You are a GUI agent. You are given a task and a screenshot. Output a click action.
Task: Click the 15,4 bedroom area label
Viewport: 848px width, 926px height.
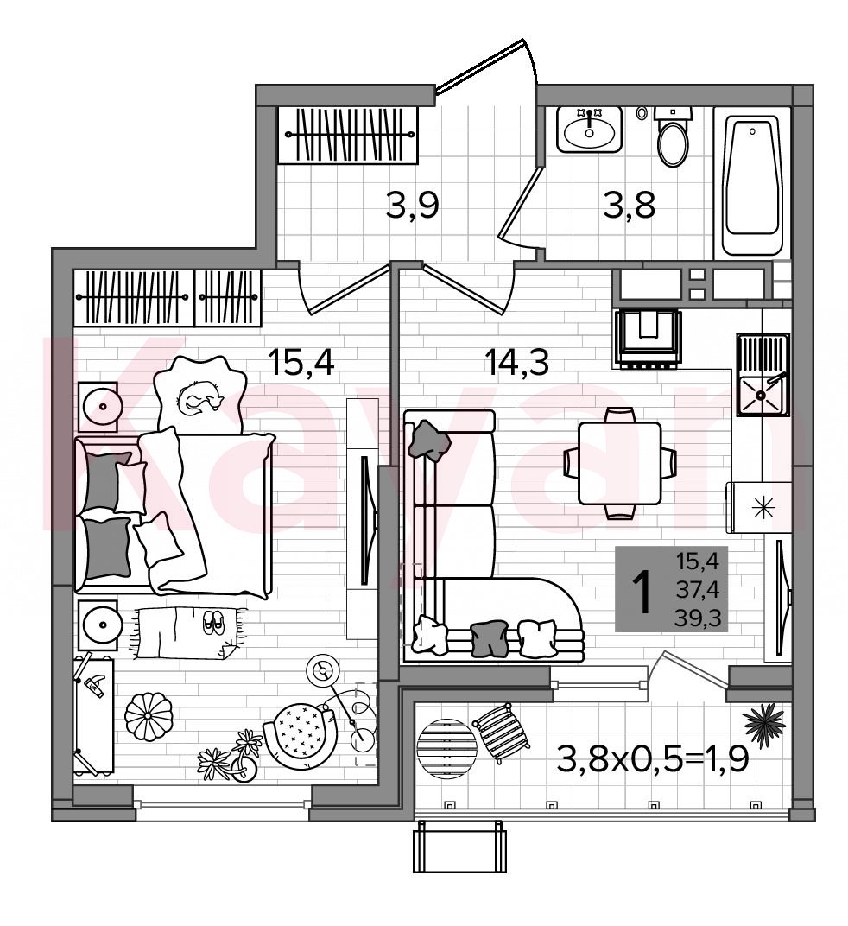click(x=301, y=363)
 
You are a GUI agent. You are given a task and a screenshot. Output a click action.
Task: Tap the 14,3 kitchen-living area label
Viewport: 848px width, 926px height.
click(x=516, y=363)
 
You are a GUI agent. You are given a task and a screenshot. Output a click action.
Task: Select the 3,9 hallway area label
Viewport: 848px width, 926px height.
click(x=412, y=206)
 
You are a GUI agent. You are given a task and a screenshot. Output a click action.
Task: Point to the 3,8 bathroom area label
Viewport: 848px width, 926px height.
click(x=629, y=206)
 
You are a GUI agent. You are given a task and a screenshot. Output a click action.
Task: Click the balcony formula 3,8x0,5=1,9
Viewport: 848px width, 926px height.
click(x=653, y=758)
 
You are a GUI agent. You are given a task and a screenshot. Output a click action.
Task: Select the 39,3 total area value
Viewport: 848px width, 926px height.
click(x=699, y=618)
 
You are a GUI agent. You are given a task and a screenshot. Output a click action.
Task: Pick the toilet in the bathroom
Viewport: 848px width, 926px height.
click(x=673, y=137)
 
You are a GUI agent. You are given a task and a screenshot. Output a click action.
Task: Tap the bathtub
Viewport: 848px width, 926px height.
click(x=751, y=182)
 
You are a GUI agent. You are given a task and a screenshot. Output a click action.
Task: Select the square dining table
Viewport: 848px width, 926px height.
click(x=619, y=462)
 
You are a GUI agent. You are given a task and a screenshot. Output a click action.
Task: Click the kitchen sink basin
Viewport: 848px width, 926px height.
click(x=762, y=394)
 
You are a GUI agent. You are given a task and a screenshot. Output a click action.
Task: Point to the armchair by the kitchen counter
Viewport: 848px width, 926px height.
click(x=648, y=339)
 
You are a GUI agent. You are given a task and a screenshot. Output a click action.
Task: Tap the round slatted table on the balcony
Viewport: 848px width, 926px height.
click(x=447, y=749)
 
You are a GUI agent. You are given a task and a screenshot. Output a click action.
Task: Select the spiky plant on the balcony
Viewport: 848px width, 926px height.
click(x=763, y=720)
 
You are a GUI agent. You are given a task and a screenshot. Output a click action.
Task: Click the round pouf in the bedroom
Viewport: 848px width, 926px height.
click(x=149, y=716)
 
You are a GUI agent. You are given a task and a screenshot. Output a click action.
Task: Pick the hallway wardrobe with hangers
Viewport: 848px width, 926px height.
click(x=348, y=136)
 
